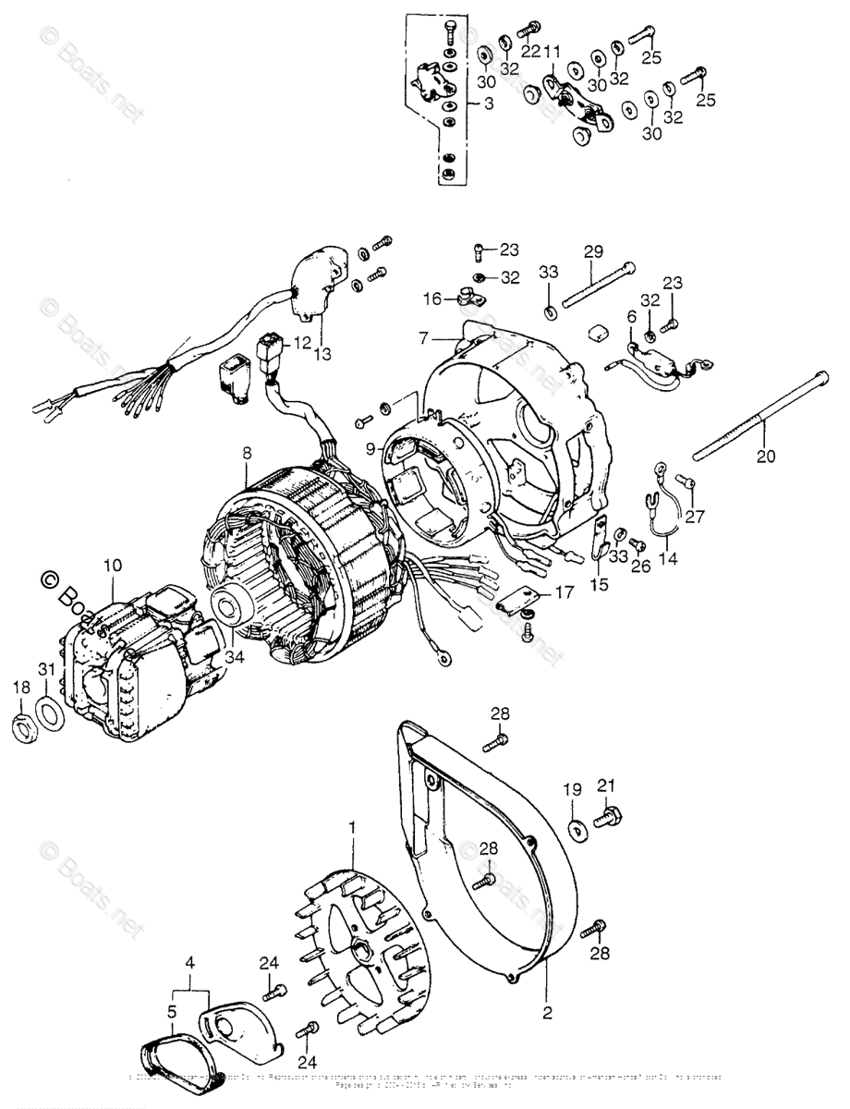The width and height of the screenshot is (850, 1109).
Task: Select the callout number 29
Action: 593,250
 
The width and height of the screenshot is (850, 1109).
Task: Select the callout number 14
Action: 667,558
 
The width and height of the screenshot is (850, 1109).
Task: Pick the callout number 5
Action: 172,1012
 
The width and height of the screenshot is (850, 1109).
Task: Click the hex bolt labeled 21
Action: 610,818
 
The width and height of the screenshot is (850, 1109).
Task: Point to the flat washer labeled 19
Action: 578,828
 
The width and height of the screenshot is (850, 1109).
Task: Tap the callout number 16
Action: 433,299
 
